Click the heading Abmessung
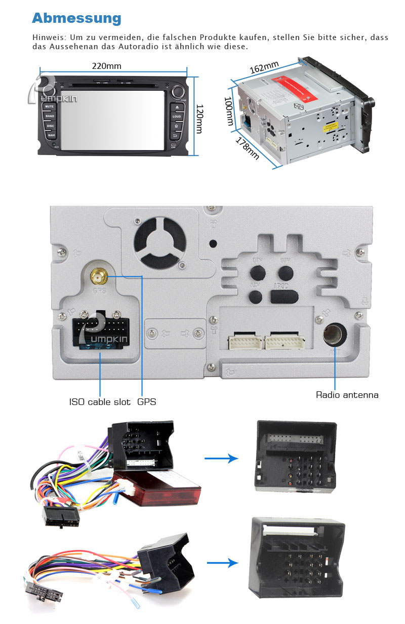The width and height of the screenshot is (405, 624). point(76,18)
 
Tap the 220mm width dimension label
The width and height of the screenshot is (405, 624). point(106,66)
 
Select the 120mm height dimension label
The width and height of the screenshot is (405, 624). point(199,119)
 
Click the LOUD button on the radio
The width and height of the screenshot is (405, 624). point(176,116)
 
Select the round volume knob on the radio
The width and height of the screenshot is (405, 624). point(177,92)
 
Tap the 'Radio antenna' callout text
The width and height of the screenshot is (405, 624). point(347,395)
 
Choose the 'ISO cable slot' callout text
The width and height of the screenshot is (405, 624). point(100,402)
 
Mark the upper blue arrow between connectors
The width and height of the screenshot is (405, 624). point(221,458)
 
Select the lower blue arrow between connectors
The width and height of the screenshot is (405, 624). point(223,563)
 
